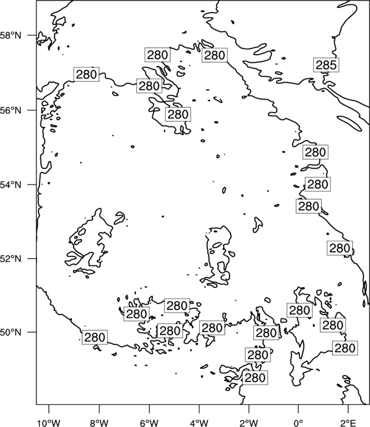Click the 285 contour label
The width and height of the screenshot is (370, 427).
326,65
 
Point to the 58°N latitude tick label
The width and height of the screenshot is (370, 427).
11,35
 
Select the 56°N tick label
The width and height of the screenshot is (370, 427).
11,110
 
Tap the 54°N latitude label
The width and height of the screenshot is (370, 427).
11,185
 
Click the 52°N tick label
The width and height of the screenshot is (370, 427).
11,258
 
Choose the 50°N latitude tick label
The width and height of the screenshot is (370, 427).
11,332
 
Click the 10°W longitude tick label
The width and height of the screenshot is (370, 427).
49,423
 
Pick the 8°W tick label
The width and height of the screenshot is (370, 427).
99,423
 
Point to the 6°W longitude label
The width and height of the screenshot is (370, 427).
149,423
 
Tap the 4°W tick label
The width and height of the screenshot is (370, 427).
199,423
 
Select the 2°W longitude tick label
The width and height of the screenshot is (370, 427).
249,423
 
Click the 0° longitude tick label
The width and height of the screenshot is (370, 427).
298,423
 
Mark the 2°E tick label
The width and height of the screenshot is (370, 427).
348,423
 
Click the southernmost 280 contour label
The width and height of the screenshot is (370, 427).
255,377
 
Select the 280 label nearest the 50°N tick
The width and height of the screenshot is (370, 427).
94,338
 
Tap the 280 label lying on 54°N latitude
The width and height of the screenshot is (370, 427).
318,184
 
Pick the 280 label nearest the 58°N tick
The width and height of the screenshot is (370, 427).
87,75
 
